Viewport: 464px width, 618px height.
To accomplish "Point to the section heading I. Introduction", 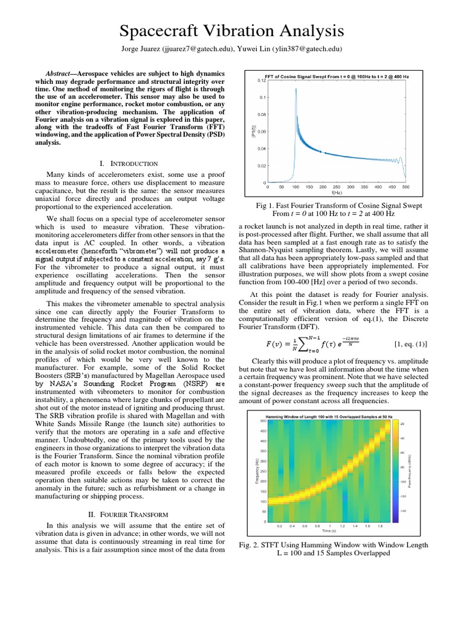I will (x=127, y=164).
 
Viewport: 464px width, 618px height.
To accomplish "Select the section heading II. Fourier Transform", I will (x=127, y=514).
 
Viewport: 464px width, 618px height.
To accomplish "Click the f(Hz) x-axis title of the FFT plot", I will (x=336, y=194).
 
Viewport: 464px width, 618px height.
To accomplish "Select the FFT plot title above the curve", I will (x=337, y=76).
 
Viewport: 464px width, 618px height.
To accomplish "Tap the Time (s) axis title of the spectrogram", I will (x=329, y=531).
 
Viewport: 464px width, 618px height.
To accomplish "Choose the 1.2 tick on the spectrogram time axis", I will (x=343, y=526).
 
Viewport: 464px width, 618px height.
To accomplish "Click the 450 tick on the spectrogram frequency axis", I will (x=263, y=431).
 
